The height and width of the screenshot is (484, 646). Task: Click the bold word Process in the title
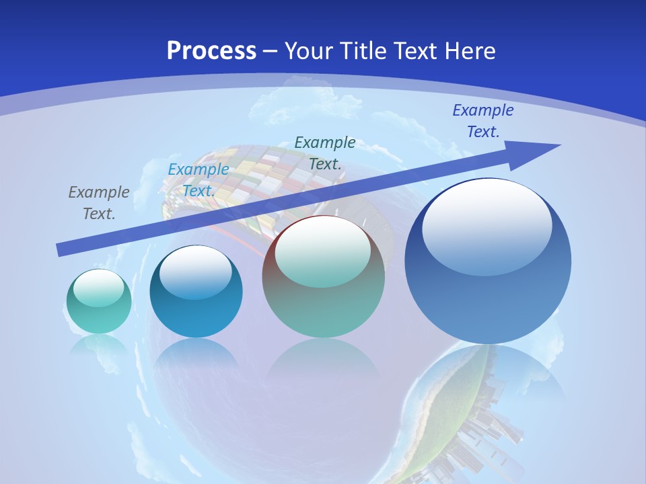[x=211, y=51]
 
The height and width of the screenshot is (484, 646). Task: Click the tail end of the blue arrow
[x=61, y=250]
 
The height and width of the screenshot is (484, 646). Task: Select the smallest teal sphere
[x=99, y=301]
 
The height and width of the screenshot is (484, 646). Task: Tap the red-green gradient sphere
[x=323, y=276]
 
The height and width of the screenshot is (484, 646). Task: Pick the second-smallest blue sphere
[x=196, y=291]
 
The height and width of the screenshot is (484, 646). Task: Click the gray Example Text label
[x=99, y=202]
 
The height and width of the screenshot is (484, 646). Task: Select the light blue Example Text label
[x=199, y=179]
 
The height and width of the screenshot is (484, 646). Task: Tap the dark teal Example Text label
[x=325, y=153]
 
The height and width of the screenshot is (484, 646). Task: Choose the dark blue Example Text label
[x=482, y=121]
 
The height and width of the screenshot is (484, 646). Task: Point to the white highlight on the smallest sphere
[x=98, y=288]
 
